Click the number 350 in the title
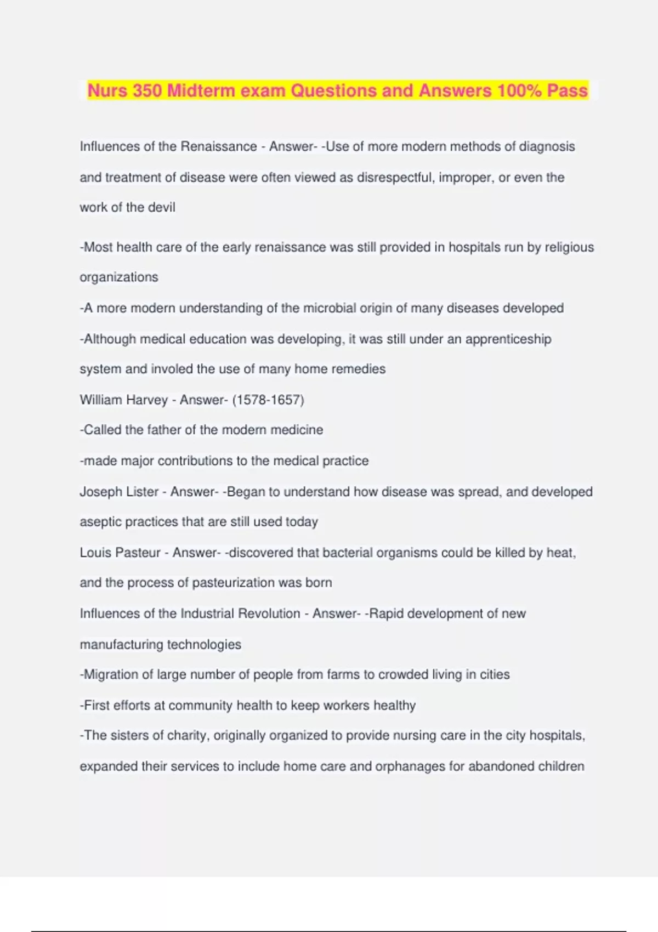[x=147, y=90]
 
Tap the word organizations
[x=119, y=277]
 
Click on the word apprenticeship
[x=508, y=339]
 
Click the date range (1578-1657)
[x=268, y=400]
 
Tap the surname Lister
[x=143, y=492]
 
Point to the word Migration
[x=111, y=674]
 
